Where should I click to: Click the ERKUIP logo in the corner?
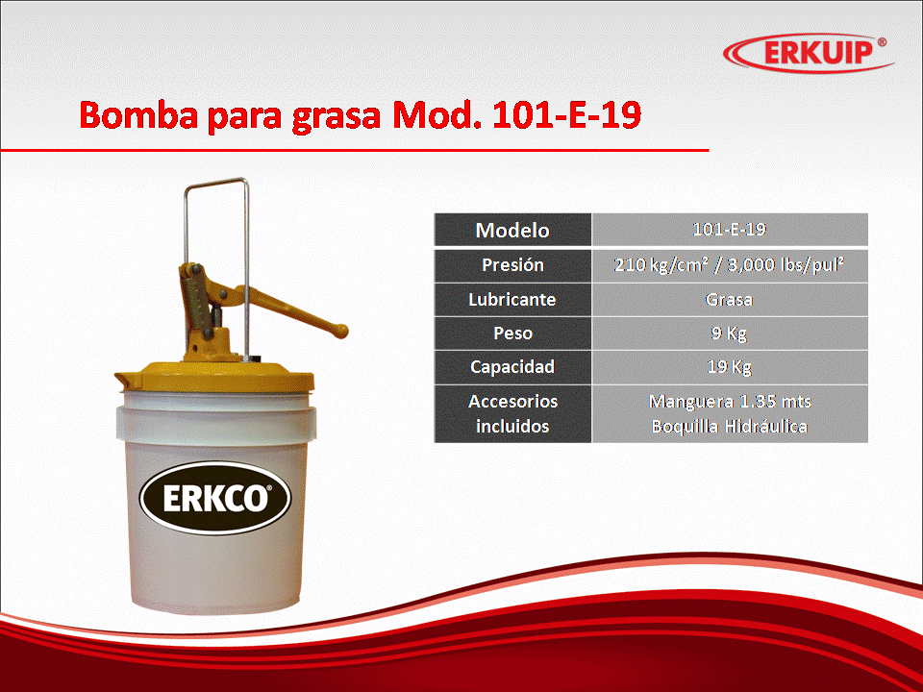808,52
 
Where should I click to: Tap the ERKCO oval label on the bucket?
215,498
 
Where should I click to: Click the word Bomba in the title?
138,114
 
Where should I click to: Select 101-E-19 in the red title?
566,114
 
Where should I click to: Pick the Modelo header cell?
512,230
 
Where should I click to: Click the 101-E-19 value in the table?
730,230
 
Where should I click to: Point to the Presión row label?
512,265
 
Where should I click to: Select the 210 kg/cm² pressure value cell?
730,265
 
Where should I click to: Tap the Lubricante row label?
512,300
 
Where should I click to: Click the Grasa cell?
730,300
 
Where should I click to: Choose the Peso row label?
512,334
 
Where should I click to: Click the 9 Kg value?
730,334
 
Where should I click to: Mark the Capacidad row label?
512,367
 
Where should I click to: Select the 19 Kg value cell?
730,367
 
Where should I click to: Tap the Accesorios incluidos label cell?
512,413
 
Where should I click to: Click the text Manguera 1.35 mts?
730,402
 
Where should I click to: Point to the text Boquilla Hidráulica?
730,426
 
